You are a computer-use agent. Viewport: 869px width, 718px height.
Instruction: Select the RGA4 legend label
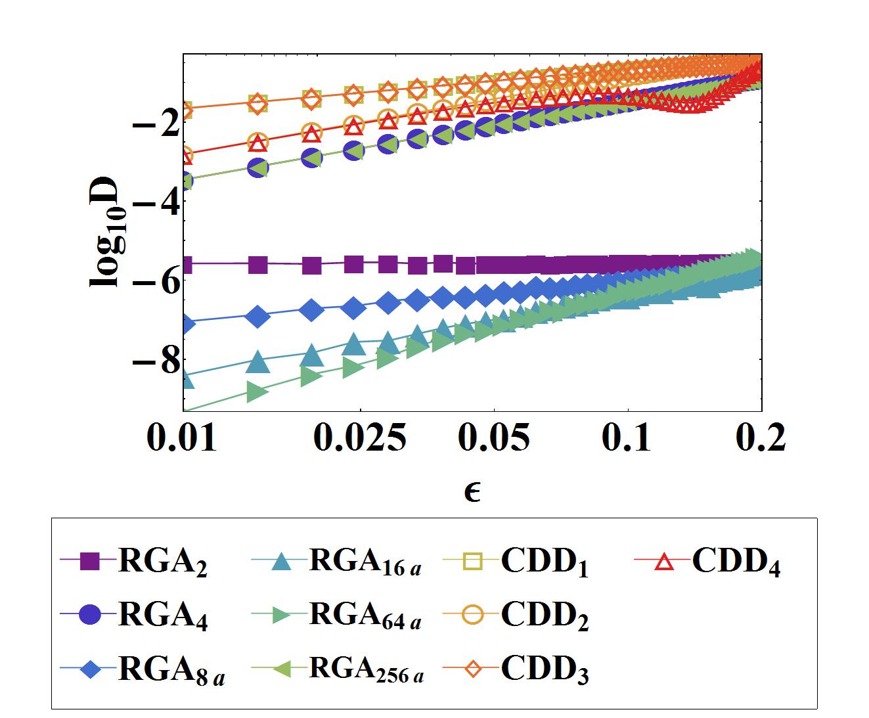(162, 617)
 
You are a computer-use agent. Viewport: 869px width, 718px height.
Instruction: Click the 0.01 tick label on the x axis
(181, 438)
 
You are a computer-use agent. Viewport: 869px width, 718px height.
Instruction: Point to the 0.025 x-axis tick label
(359, 438)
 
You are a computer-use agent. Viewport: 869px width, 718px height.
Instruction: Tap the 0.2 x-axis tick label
(761, 438)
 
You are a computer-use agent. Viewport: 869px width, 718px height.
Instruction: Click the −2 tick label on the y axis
(155, 123)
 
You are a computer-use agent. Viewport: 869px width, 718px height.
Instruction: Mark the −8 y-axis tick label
(155, 360)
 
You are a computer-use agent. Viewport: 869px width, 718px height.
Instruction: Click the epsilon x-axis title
(472, 491)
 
